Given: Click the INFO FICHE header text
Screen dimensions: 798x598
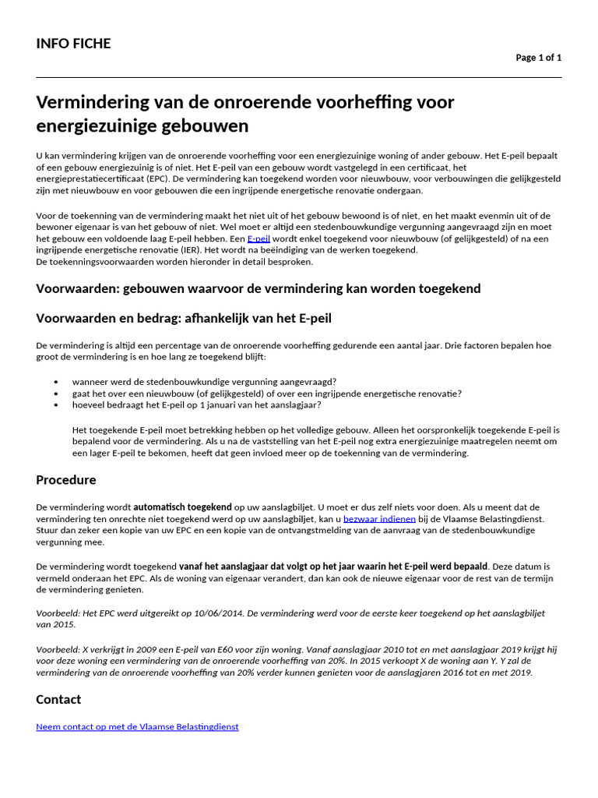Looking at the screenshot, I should pos(73,44).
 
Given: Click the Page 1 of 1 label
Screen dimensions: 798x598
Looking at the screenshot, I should pos(538,58).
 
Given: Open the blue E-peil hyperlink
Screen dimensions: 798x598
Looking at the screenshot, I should pos(259,238).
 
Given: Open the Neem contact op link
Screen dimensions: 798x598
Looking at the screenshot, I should pos(137,726).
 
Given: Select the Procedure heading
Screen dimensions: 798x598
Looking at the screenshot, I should pos(66,480).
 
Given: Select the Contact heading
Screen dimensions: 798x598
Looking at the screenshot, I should pos(58,700).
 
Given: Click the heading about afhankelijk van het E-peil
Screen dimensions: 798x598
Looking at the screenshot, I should pos(184,318).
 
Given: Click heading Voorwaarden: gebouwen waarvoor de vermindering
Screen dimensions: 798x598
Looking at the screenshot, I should pos(258,289).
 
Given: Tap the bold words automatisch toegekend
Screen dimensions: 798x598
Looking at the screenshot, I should pos(182,507).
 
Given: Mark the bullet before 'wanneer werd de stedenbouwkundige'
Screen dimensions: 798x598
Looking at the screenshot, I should pos(56,382).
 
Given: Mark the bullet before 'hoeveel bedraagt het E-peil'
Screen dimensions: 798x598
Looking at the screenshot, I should pos(56,405).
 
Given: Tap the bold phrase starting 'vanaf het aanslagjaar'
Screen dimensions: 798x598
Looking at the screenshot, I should pos(333,566).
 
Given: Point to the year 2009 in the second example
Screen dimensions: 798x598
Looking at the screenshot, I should pos(125,649).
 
